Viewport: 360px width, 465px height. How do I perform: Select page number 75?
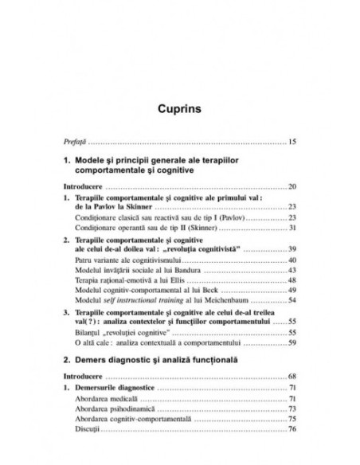[292, 418]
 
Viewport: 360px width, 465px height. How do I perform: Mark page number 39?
[292, 249]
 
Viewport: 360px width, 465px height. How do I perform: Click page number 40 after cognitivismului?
[292, 260]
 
